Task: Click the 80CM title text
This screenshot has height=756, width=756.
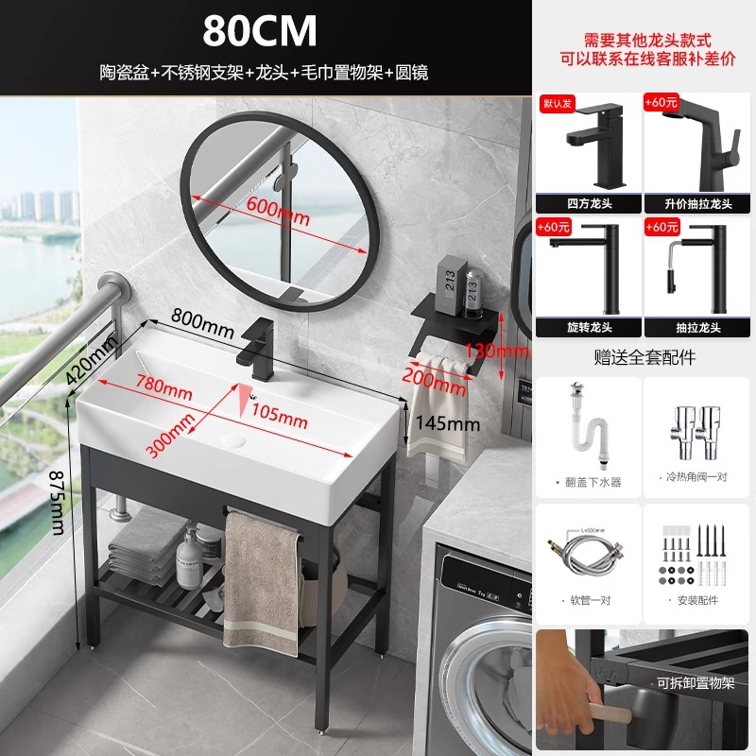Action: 259,30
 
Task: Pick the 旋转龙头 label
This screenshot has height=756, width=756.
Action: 587,327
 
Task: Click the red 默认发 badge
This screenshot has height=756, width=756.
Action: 556,102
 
